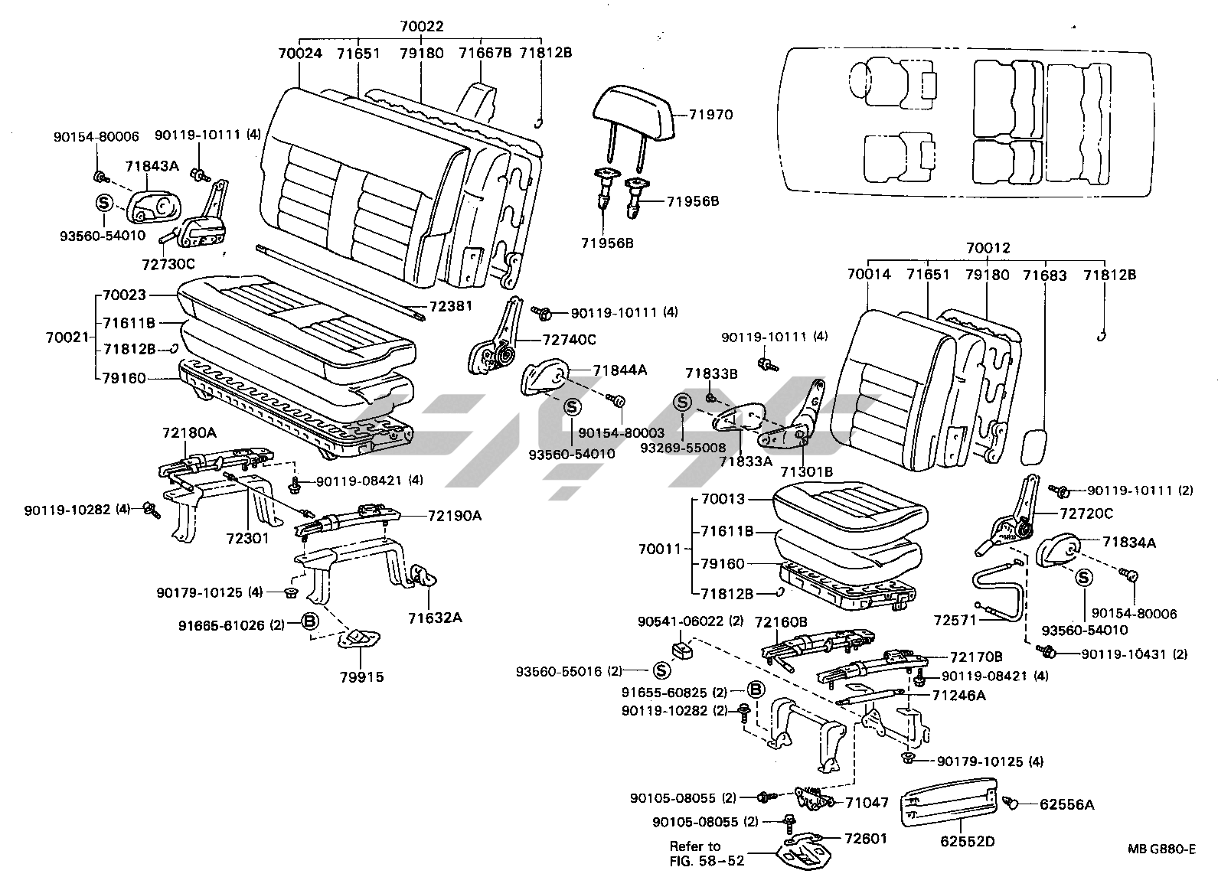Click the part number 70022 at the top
coord(421,27)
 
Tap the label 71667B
coord(485,53)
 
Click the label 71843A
coord(152,166)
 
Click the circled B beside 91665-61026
coord(309,621)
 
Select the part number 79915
coord(363,676)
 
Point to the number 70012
coord(988,248)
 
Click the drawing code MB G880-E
coord(1161,849)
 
